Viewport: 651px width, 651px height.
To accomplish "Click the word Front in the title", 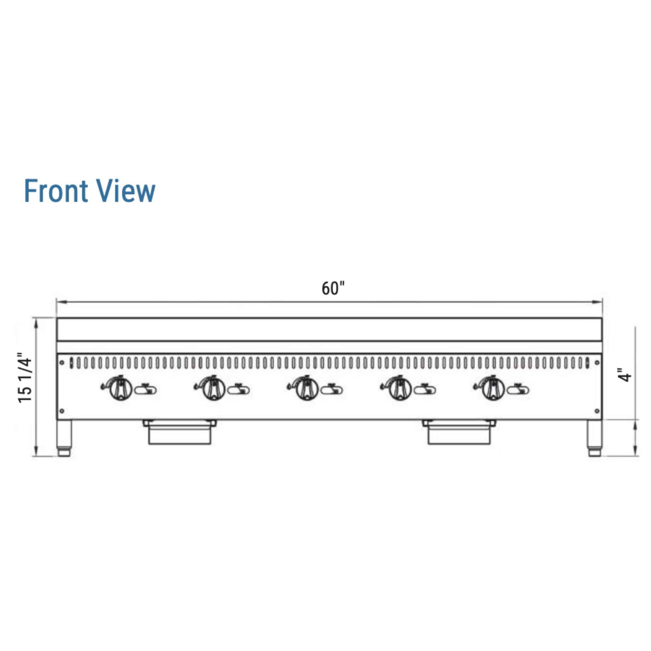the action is (x=56, y=191).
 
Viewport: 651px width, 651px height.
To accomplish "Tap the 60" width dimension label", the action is (x=333, y=288).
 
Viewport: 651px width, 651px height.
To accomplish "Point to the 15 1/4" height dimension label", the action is (x=25, y=377).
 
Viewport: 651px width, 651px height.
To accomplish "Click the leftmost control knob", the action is (x=121, y=389).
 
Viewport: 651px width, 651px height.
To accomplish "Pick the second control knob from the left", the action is (x=214, y=389).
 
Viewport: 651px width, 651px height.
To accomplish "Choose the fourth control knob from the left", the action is (x=400, y=389).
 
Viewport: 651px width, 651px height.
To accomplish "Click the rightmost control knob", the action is (x=493, y=389).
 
